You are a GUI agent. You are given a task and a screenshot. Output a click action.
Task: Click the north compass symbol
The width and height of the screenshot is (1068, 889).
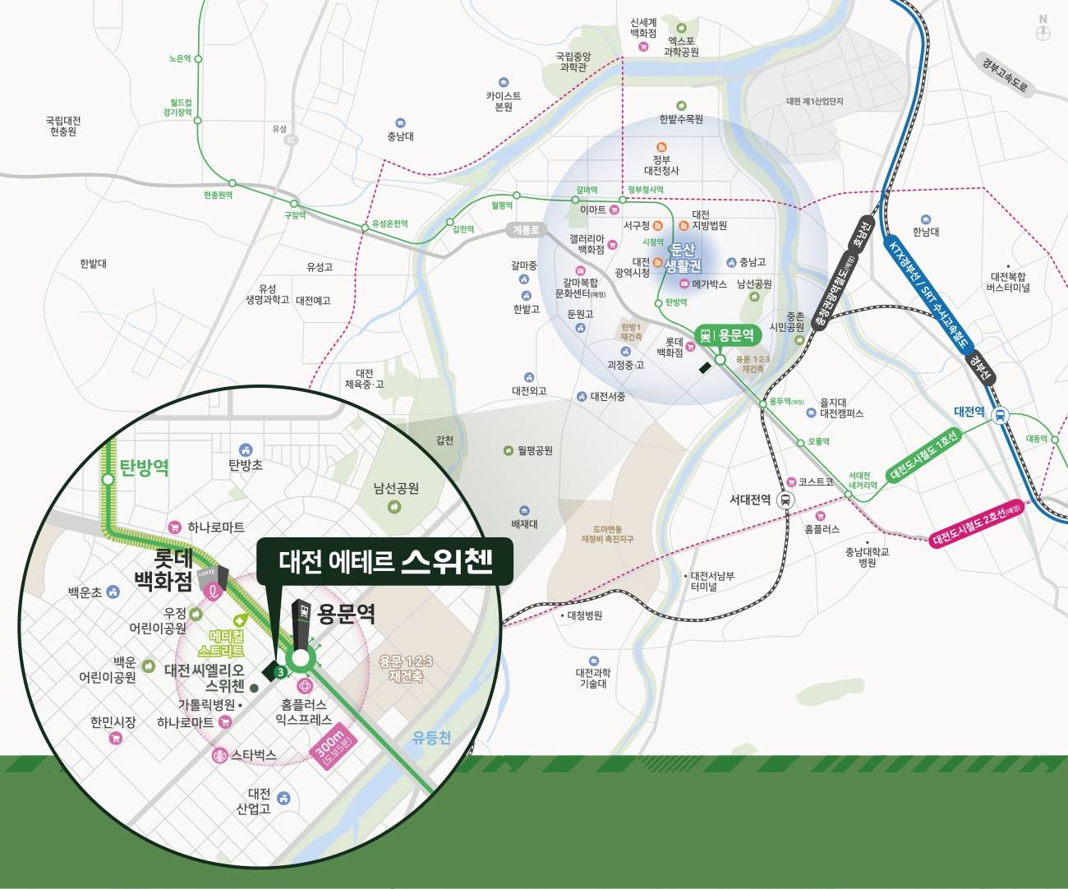(x=1043, y=30)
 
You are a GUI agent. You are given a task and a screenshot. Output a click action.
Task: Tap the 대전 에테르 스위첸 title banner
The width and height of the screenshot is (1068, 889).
(x=384, y=561)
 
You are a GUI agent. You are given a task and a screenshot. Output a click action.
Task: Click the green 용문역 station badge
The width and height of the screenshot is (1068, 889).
(x=727, y=335)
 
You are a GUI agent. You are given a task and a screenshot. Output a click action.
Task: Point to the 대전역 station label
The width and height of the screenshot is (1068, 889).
(x=969, y=412)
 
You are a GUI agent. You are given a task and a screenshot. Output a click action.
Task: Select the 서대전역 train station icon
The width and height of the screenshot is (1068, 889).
(x=785, y=500)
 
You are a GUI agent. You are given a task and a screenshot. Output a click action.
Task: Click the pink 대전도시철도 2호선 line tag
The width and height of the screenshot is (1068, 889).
(x=978, y=523)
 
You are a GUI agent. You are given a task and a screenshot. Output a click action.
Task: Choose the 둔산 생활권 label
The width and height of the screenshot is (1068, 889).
(x=683, y=258)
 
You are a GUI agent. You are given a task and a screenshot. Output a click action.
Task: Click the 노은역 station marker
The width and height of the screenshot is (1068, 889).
(x=198, y=59)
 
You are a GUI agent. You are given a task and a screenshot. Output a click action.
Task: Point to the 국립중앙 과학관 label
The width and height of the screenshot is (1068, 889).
(x=573, y=62)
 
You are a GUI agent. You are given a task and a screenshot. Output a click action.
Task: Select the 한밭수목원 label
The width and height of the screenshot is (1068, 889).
(x=681, y=119)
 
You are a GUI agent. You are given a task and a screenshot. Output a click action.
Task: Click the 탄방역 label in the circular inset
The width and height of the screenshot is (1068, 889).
(x=144, y=468)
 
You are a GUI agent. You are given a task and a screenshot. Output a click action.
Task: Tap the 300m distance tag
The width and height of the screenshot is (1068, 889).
(x=334, y=746)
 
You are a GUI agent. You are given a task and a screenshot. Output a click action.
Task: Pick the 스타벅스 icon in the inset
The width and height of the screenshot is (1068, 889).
(x=219, y=755)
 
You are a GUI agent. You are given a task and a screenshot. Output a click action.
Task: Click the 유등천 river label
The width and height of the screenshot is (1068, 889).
(x=431, y=737)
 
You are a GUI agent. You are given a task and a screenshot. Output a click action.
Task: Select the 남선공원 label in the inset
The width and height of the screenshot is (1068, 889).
(x=396, y=488)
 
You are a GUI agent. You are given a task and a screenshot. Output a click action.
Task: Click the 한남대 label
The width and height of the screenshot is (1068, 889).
(x=926, y=232)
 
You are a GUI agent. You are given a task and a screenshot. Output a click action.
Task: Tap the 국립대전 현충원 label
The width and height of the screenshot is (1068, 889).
(x=62, y=126)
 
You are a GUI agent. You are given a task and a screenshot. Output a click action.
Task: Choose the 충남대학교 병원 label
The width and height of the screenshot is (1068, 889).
(x=867, y=557)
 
